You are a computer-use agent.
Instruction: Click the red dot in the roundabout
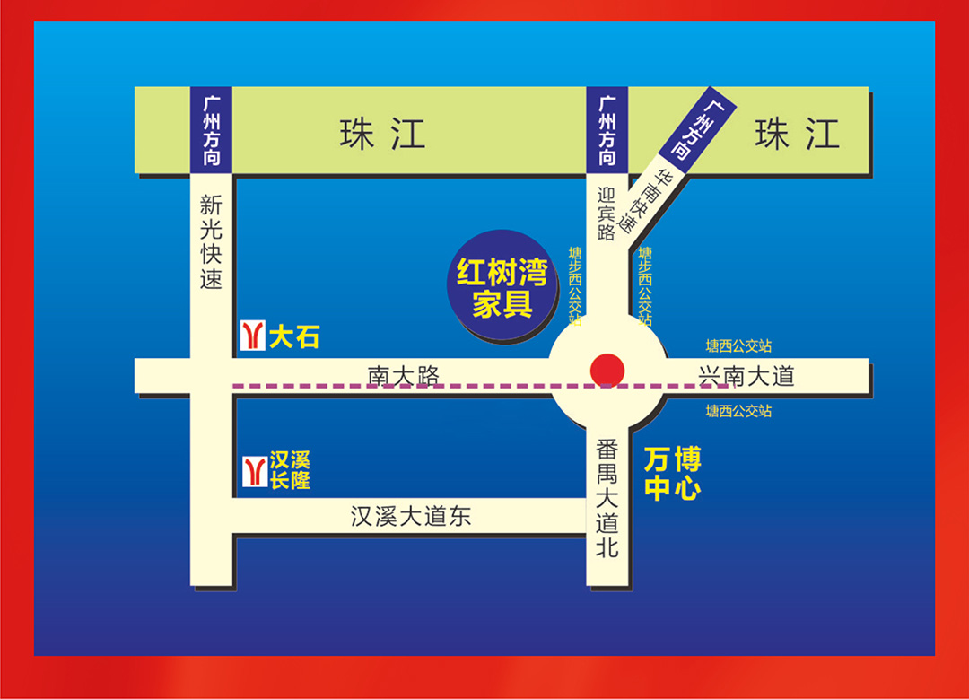point(607,370)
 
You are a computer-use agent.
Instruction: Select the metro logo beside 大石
point(253,336)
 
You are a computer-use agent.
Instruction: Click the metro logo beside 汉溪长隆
point(254,471)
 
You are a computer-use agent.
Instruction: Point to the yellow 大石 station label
point(294,337)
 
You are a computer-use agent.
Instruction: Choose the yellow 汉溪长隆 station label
point(290,471)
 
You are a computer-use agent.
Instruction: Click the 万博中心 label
point(672,476)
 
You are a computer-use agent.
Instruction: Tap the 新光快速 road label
point(211,242)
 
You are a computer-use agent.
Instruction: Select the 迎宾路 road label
point(607,214)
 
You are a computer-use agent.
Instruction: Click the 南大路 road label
point(404,376)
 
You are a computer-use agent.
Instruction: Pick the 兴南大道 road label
point(746,376)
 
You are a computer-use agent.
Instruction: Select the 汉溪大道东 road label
point(410,517)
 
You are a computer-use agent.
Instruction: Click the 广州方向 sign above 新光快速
point(212,129)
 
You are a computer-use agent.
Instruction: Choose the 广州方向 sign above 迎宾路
point(607,129)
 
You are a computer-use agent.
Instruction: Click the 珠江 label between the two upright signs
point(382,135)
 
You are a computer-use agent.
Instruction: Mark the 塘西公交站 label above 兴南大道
point(738,345)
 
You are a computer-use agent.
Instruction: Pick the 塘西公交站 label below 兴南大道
point(738,412)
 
